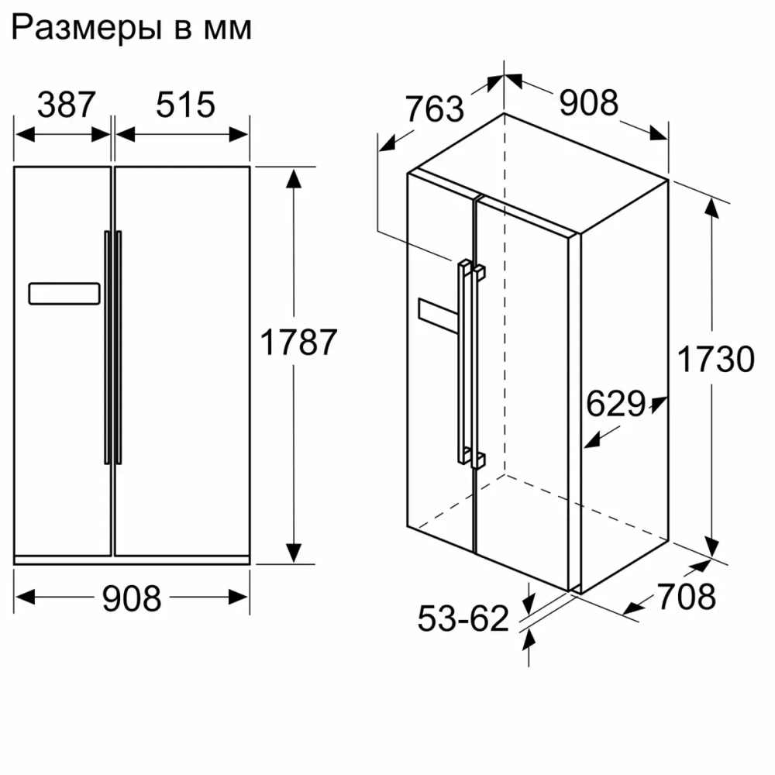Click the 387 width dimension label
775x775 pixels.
(66, 105)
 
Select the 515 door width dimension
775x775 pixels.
(184, 105)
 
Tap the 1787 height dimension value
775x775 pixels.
(298, 342)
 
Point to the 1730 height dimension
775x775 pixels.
(715, 359)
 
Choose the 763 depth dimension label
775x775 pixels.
(434, 109)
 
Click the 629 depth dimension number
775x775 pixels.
(615, 404)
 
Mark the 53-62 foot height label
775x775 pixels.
(463, 618)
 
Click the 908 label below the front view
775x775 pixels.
(132, 597)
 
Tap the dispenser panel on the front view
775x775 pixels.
(64, 294)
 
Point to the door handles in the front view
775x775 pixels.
(113, 346)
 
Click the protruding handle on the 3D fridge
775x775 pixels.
(468, 364)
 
